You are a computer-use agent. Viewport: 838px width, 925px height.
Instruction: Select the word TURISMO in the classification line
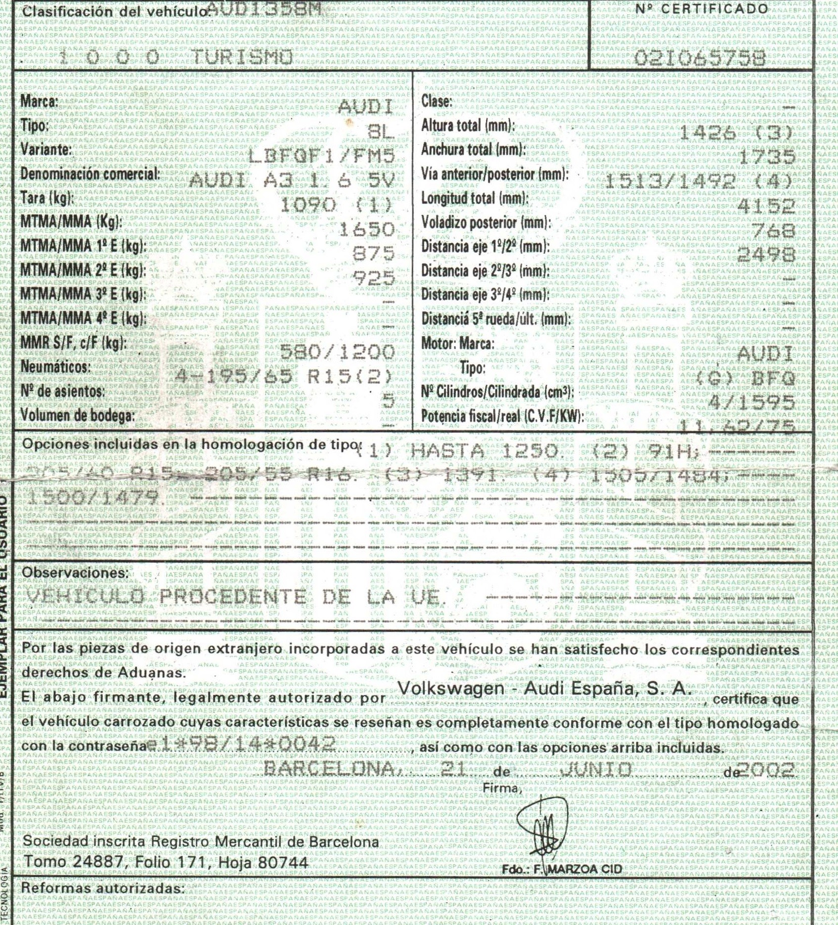coord(241,58)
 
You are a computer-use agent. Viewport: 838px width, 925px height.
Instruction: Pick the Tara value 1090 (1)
coord(336,205)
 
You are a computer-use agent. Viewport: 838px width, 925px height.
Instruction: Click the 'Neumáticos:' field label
coord(55,367)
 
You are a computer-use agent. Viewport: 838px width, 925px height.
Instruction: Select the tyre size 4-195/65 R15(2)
coord(284,377)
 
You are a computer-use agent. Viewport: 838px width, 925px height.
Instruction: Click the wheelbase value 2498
coord(766,255)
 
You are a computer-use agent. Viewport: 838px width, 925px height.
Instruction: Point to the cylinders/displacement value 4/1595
coord(751,403)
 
